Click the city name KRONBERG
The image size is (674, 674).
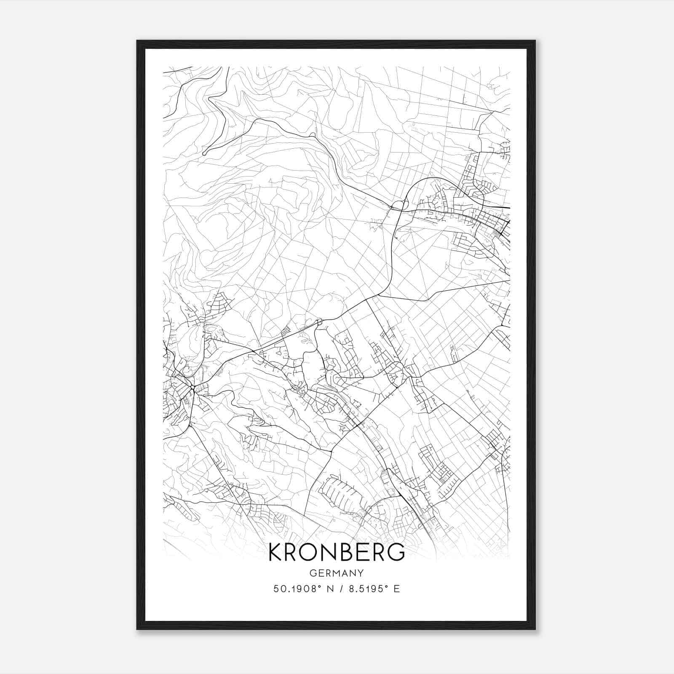coord(336,552)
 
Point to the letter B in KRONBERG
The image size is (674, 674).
coord(355,552)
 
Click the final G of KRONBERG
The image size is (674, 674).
coord(396,552)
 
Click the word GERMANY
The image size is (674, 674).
coord(336,573)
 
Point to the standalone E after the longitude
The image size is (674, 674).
coord(396,589)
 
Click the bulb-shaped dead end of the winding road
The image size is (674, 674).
coord(204,153)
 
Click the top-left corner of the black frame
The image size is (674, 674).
coord(137,41)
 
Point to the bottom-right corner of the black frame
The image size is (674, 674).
coord(535,629)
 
